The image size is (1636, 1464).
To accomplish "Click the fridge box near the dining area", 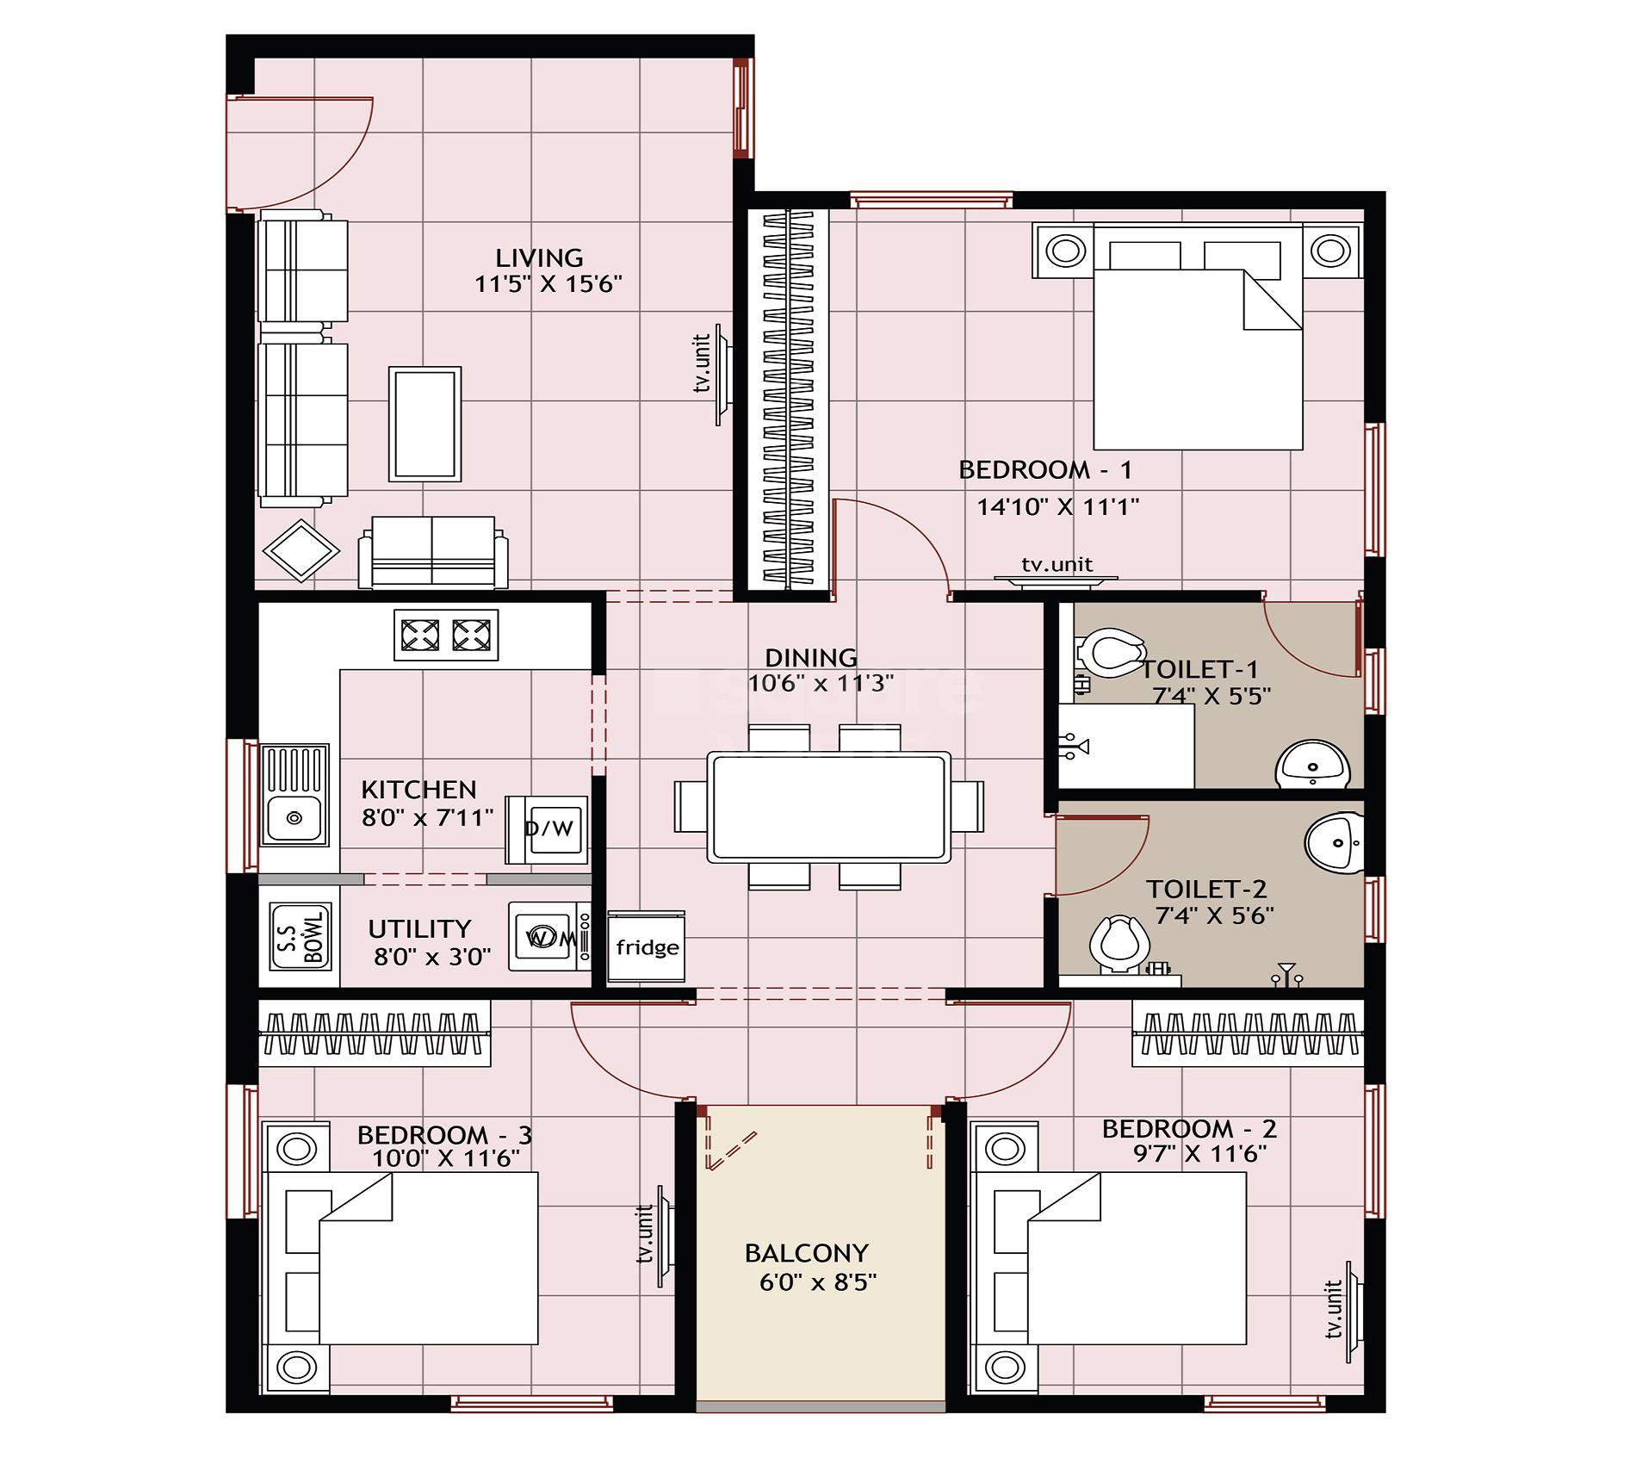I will [x=647, y=946].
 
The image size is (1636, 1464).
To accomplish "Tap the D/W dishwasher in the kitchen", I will [x=548, y=829].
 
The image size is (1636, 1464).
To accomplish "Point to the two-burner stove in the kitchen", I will [x=446, y=636].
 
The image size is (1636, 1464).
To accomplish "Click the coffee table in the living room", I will [x=424, y=424].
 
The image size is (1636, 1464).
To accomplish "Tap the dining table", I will [x=829, y=807].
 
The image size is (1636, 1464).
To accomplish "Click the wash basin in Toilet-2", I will [x=1334, y=841].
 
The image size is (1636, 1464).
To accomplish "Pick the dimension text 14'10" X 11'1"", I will [x=1057, y=506].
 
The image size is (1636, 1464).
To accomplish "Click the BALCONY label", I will [x=806, y=1252].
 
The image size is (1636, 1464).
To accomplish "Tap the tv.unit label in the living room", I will [x=703, y=363].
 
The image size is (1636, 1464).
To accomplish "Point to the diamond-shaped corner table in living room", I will [x=301, y=550].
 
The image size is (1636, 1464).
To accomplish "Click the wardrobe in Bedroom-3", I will [x=374, y=1033].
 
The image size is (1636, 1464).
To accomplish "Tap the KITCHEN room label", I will [x=418, y=790].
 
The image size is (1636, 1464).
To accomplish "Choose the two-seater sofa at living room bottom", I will [x=432, y=552].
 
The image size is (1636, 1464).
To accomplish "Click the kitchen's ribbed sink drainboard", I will [x=294, y=769].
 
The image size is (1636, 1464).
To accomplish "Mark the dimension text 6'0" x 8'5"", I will [x=817, y=1282].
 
